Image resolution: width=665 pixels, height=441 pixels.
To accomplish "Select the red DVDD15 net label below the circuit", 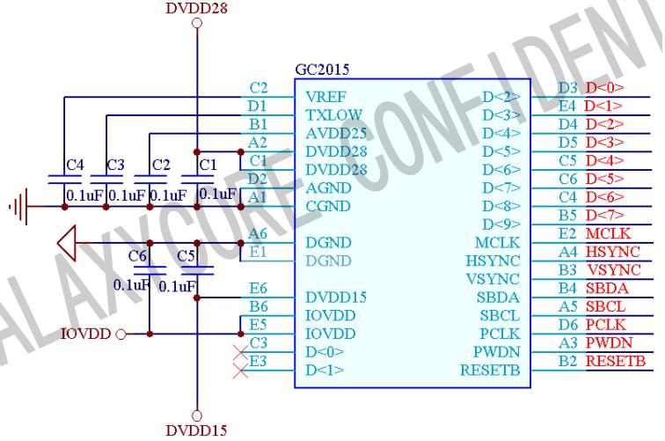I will point(194,430).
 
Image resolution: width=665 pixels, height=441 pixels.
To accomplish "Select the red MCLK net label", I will point(603,235).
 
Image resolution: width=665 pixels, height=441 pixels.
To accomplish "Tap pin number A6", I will point(257,233).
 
